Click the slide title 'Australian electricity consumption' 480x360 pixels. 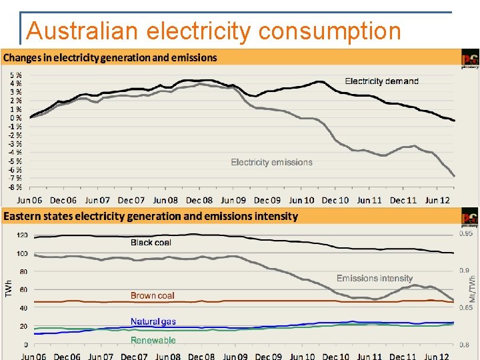pyautogui.click(x=213, y=31)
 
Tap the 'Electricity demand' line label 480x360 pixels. pyautogui.click(x=381, y=81)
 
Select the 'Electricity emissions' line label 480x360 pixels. pyautogui.click(x=271, y=162)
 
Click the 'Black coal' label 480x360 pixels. pyautogui.click(x=151, y=243)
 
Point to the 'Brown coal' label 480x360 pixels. pyautogui.click(x=153, y=295)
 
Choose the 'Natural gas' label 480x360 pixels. pyautogui.click(x=153, y=321)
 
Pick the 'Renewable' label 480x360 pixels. pyautogui.click(x=153, y=340)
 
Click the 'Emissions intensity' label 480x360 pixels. pyautogui.click(x=375, y=278)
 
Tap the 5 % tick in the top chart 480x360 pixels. pyautogui.click(x=15, y=75)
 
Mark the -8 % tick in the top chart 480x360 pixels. pyautogui.click(x=15, y=187)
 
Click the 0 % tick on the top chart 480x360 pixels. pyautogui.click(x=15, y=118)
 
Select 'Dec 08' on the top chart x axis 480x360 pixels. pyautogui.click(x=199, y=200)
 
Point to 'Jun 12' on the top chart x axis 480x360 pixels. pyautogui.click(x=437, y=200)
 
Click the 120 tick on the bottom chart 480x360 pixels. pyautogui.click(x=22, y=235)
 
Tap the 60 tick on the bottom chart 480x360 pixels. pyautogui.click(x=23, y=290)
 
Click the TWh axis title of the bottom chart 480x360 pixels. pyautogui.click(x=9, y=288)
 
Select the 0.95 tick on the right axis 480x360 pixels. pyautogui.click(x=467, y=233)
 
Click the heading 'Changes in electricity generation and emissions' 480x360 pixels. pyautogui.click(x=110, y=57)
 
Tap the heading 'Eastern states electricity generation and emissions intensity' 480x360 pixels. pyautogui.click(x=151, y=216)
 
